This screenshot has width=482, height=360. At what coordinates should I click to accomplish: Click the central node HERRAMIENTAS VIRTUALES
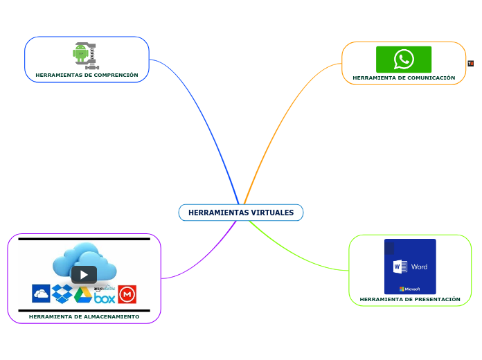pyautogui.click(x=240, y=213)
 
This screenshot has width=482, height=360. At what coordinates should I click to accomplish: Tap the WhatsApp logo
pyautogui.click(x=404, y=59)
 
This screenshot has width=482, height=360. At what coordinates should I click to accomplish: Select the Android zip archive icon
pyautogui.click(x=85, y=55)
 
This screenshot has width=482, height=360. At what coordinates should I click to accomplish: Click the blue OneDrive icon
pyautogui.click(x=41, y=294)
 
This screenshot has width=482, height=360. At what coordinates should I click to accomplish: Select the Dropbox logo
pyautogui.click(x=62, y=294)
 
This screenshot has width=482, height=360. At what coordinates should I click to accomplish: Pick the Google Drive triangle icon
pyautogui.click(x=83, y=295)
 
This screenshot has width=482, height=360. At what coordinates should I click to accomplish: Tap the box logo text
pyautogui.click(x=105, y=298)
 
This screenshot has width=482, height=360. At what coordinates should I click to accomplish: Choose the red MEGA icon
pyautogui.click(x=127, y=295)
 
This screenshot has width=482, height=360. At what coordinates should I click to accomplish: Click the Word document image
pyautogui.click(x=410, y=266)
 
